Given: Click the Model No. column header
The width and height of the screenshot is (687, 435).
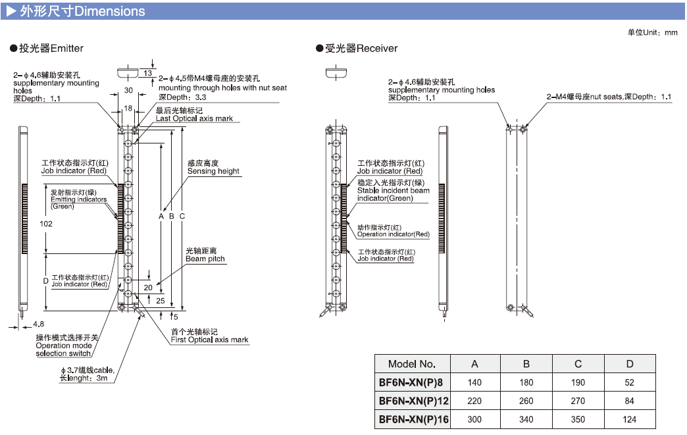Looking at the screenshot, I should (x=412, y=364).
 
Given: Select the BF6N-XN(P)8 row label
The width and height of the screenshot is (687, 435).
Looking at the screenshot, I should (x=412, y=382).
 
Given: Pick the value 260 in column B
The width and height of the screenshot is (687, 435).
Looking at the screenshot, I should (x=526, y=401).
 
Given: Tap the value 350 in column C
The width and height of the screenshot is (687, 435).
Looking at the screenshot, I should (x=578, y=419).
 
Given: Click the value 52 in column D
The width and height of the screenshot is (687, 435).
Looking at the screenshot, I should (x=630, y=382).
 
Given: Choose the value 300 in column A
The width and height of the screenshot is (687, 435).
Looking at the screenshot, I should (x=474, y=419).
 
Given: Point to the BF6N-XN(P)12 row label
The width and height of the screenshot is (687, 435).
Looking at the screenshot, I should (x=412, y=401).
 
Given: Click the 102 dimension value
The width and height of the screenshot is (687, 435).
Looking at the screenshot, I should (x=46, y=224).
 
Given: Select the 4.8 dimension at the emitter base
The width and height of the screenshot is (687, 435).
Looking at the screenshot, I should (x=38, y=324).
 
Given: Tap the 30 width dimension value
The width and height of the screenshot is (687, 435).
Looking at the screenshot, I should (x=128, y=90).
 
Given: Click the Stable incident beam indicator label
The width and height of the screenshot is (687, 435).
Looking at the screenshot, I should (x=393, y=191).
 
